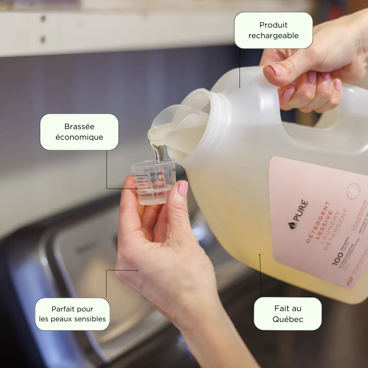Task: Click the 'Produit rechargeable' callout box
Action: [273, 30]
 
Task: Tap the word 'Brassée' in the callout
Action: [79, 126]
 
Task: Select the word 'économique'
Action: [79, 137]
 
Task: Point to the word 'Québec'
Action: [288, 320]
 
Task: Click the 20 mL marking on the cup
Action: [156, 174]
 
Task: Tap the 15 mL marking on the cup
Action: [157, 180]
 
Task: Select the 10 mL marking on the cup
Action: [158, 187]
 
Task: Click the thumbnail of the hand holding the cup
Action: [183, 188]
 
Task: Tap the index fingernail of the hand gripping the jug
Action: [276, 70]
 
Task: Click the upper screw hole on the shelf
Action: [43, 19]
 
